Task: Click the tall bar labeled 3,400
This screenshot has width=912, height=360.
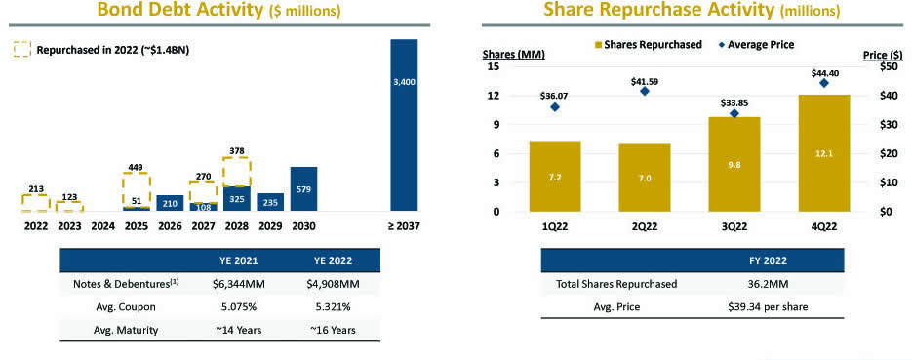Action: coord(404,125)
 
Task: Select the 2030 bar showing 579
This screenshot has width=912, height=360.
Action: coord(303,188)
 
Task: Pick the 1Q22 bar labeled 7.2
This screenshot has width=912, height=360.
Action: coord(554,177)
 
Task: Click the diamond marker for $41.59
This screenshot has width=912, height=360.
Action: coord(645,91)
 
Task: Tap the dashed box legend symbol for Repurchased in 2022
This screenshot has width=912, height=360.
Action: coord(20,49)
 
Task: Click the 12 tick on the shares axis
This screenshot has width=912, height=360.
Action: coord(494,96)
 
